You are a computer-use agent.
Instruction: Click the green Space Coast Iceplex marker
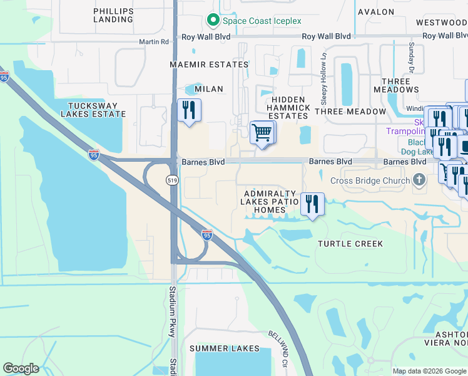(x=213, y=21)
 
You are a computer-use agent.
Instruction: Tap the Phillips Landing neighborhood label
(x=113, y=15)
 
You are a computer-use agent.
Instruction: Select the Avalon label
(x=375, y=12)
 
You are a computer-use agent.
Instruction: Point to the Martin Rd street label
(x=154, y=42)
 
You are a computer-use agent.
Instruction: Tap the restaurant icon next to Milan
(x=188, y=111)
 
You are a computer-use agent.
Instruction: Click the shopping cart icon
(x=262, y=133)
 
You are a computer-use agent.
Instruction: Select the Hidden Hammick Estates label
(x=288, y=108)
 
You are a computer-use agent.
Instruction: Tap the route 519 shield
(x=172, y=180)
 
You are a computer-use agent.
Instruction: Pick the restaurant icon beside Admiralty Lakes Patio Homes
(x=312, y=204)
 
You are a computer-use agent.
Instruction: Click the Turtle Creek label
(x=350, y=243)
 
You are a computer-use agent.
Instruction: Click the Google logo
(x=21, y=368)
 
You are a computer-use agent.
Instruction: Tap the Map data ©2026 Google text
(x=429, y=371)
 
